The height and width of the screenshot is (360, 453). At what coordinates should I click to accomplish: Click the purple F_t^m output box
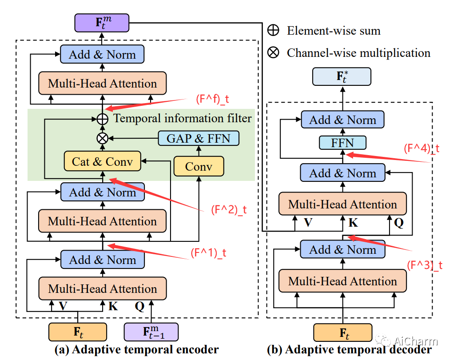102,22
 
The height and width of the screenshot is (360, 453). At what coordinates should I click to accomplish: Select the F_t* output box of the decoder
342,77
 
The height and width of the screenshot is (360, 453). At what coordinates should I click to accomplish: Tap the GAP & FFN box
199,138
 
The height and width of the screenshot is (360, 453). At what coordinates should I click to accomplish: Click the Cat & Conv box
102,161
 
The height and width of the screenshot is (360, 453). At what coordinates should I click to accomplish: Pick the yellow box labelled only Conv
199,167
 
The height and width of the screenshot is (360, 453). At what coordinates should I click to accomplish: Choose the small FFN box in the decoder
342,143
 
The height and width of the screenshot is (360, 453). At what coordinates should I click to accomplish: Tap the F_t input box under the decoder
342,333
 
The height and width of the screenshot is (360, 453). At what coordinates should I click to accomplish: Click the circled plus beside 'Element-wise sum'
273,31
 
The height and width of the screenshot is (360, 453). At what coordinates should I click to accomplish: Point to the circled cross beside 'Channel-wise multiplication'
273,52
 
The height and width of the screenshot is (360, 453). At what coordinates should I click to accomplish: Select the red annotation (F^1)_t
208,253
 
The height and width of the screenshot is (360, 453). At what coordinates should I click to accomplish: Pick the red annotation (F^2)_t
228,210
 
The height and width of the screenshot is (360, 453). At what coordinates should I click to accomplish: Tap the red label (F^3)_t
425,265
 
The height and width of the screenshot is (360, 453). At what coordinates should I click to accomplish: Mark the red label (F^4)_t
421,148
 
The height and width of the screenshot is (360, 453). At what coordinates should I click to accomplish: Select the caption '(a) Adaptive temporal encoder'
136,350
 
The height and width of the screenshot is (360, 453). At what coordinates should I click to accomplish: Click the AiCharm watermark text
416,341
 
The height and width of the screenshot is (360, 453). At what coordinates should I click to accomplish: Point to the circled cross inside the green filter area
102,138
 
